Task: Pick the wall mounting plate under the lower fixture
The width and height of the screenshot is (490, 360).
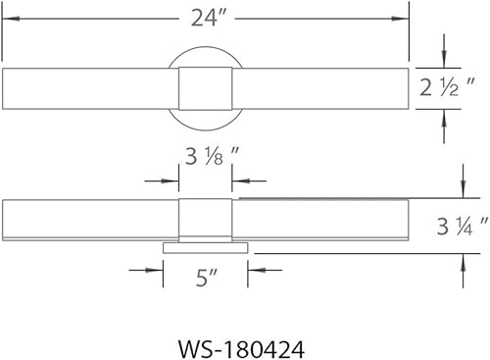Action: coord(205,246)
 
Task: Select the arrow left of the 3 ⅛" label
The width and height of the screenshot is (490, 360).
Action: coord(172,180)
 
